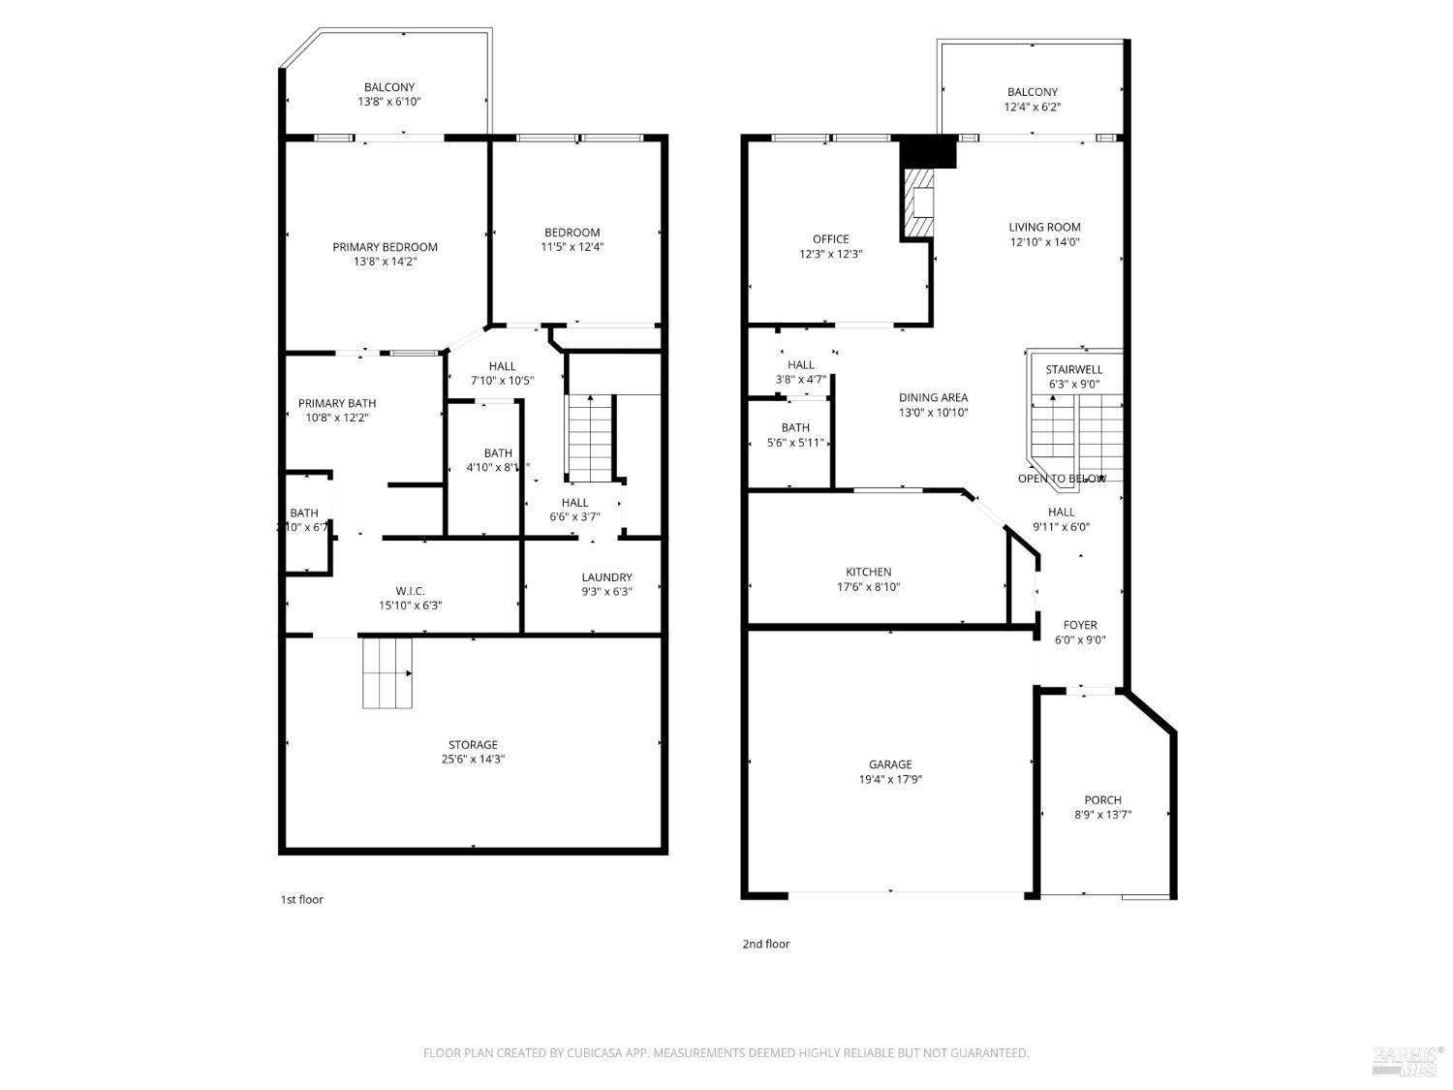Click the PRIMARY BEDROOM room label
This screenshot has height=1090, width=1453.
(385, 247)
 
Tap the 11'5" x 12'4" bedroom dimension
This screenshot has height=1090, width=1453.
(572, 247)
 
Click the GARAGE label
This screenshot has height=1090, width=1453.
(889, 764)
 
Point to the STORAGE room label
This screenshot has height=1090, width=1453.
(473, 745)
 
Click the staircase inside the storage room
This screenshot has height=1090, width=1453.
(387, 672)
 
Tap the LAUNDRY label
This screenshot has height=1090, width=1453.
(606, 577)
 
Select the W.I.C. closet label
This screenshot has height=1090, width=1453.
(411, 591)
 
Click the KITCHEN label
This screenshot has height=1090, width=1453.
(868, 573)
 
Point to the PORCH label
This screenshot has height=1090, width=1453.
(1102, 800)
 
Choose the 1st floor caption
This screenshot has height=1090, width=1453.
(302, 900)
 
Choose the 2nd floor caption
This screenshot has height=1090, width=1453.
(765, 944)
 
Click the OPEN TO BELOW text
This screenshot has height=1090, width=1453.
(1062, 479)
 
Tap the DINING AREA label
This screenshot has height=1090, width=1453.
(933, 397)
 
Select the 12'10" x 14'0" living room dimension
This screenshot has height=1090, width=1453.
(1044, 242)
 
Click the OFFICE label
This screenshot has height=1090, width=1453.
(830, 239)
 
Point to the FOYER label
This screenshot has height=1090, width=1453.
(1080, 625)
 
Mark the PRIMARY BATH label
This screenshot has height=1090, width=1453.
(337, 403)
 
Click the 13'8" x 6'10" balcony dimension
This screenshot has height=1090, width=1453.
(388, 102)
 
